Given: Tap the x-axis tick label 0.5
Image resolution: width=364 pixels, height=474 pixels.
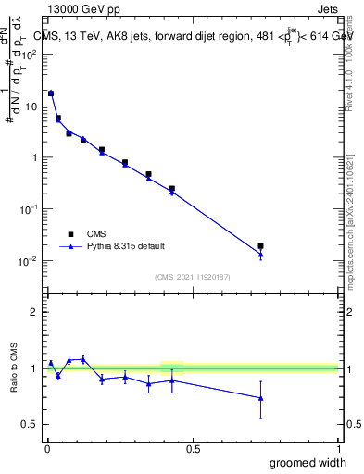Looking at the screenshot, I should [x=192, y=449].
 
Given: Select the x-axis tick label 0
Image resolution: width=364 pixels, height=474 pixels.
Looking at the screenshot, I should [x=46, y=449].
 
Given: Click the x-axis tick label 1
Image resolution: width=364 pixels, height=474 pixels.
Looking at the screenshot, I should [x=337, y=449].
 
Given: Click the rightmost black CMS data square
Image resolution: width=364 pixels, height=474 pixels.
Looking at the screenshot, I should [x=260, y=246].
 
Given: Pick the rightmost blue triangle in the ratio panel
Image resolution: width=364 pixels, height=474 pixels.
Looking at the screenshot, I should [x=260, y=398].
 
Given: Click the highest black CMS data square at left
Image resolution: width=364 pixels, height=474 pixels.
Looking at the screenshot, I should [x=51, y=94].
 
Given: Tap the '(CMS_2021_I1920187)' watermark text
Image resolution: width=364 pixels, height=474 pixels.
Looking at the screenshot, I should [x=192, y=276].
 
